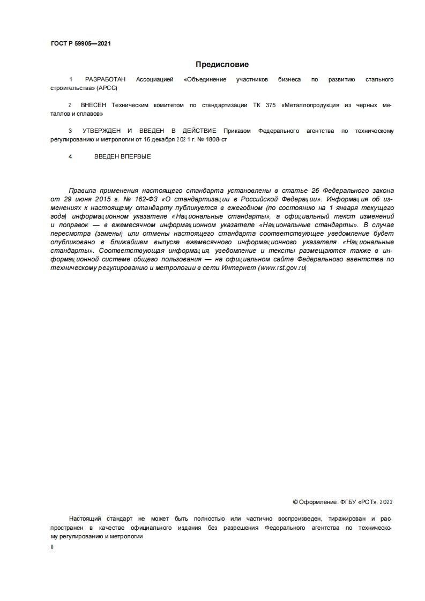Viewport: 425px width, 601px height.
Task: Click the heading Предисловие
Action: click(x=222, y=65)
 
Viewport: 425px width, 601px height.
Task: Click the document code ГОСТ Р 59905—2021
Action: click(x=81, y=44)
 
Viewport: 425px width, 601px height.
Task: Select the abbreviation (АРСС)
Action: click(x=107, y=87)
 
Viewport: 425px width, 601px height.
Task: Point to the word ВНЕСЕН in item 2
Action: click(x=92, y=106)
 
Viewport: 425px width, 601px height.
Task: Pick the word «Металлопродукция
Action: click(x=310, y=106)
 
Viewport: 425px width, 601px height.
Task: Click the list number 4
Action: click(x=70, y=157)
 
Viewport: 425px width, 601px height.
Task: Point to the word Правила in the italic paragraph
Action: click(x=81, y=190)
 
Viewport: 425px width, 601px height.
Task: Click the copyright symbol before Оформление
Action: click(x=295, y=502)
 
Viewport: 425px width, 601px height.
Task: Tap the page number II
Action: click(x=52, y=547)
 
